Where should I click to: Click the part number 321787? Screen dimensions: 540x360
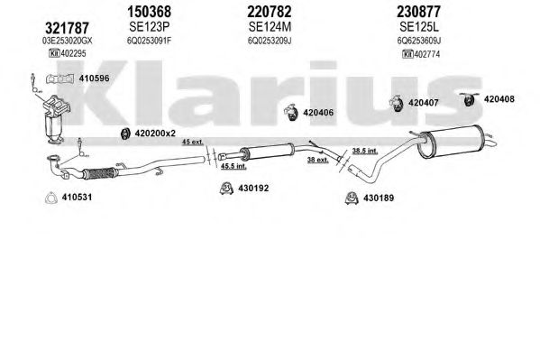67,28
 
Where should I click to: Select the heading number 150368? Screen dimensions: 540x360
149,12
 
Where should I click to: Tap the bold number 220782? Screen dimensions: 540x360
270,12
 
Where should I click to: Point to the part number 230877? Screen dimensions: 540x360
418,12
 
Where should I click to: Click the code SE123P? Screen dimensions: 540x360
150,26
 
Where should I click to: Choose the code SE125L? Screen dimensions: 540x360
419,26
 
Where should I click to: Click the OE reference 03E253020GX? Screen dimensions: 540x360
67,41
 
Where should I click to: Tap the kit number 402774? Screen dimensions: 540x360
427,54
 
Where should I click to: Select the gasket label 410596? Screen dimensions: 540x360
94,78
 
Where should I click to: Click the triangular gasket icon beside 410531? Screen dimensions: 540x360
51,198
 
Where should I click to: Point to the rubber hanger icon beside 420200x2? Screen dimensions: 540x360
125,134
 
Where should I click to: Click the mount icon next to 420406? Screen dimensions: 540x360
291,113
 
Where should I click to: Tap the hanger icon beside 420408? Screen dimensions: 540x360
469,99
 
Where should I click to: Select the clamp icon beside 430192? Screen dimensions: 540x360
226,189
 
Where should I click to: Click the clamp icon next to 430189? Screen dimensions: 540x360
352,198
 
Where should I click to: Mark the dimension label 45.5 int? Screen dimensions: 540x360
233,166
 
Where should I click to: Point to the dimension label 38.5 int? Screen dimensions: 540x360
365,151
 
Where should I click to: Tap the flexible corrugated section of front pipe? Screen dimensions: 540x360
99,173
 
